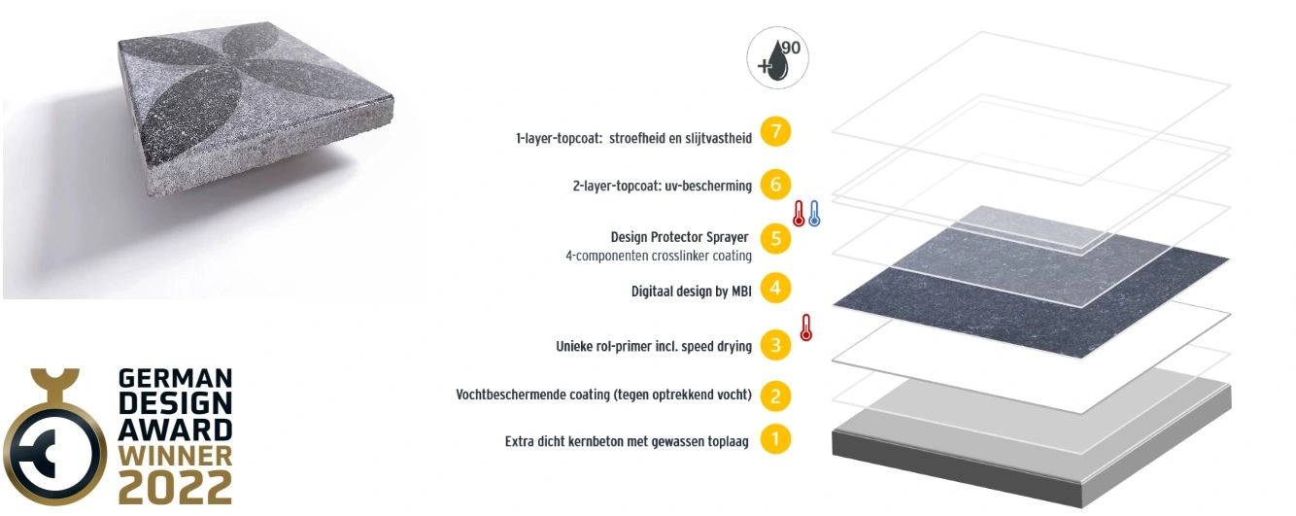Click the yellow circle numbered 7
click(774, 132)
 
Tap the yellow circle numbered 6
click(774, 184)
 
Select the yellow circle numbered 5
click(774, 238)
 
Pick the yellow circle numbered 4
click(774, 289)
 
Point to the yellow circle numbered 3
click(774, 344)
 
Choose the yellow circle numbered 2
click(774, 395)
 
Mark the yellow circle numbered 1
click(774, 439)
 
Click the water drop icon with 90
click(777, 58)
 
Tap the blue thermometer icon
click(814, 213)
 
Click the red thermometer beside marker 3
click(805, 327)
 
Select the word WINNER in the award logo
click(175, 455)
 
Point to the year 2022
click(175, 486)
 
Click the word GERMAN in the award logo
click(175, 378)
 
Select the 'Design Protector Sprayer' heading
click(681, 237)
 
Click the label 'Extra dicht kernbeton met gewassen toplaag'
click(627, 441)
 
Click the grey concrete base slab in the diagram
click(1030, 432)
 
